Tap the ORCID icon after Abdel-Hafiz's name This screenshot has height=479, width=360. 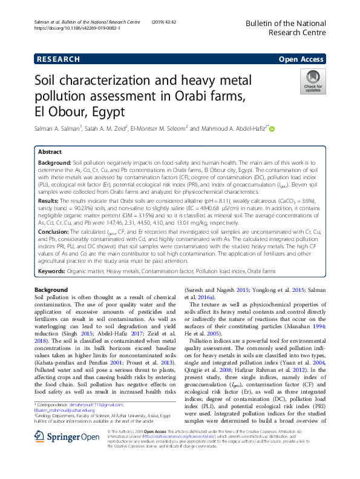pos(272,128)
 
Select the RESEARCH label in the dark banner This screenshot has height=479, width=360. pos(58,59)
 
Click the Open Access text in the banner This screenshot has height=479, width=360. pos(301,59)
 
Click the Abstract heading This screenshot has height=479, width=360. pos(50,153)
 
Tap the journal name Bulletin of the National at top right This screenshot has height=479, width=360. pos(285,23)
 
